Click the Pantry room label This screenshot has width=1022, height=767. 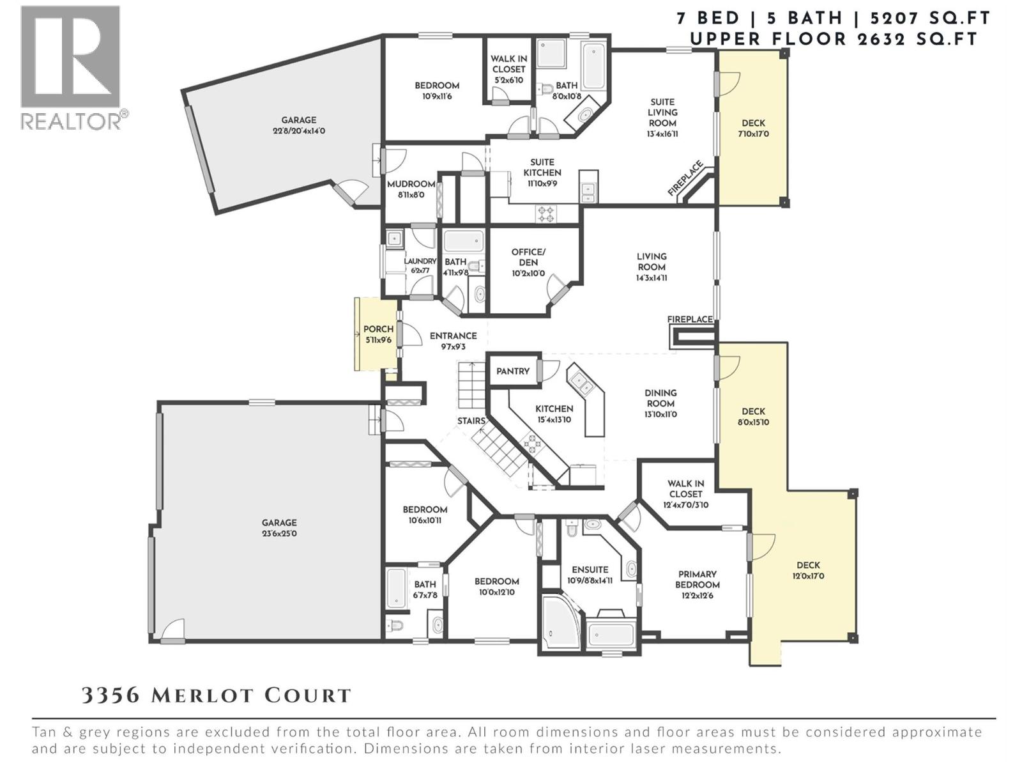coord(513,371)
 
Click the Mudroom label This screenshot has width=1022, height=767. coord(411,184)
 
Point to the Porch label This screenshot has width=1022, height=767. coord(378,329)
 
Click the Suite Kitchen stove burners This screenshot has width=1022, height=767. coord(545,213)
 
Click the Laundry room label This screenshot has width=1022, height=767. coord(420,261)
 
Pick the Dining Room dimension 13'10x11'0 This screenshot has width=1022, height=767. coord(660,414)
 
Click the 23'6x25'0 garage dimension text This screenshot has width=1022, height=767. coord(279,533)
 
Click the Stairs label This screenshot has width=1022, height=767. coord(471,421)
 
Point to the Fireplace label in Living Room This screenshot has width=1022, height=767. coord(690,319)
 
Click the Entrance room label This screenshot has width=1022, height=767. coord(453,336)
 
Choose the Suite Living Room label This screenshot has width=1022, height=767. coord(662,112)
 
